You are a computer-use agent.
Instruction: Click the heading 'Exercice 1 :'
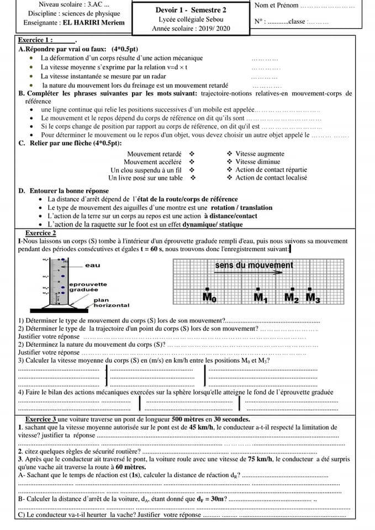click(36, 40)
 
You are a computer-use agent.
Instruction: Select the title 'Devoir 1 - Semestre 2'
click(191, 10)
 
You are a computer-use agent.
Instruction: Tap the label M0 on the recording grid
click(209, 298)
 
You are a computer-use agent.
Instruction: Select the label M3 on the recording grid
click(313, 298)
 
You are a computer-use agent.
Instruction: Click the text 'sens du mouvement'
click(254, 266)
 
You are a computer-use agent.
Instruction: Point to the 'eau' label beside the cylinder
click(93, 266)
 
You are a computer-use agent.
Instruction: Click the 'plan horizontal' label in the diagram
click(110, 303)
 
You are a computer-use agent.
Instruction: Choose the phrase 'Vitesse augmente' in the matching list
click(260, 154)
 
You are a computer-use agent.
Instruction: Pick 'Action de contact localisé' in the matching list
click(271, 178)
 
